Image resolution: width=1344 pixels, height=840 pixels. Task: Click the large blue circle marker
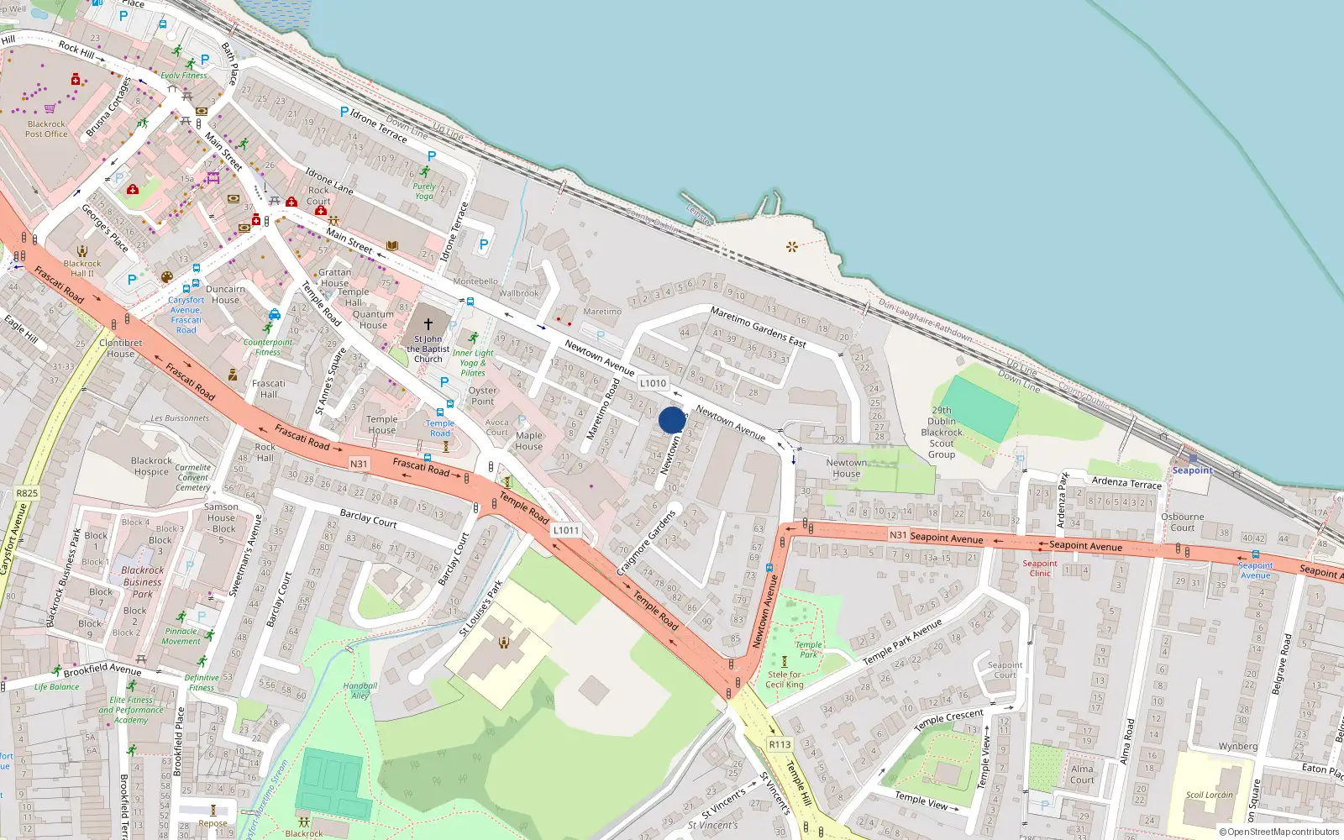[672, 420]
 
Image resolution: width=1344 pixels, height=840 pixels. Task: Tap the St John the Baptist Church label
[428, 349]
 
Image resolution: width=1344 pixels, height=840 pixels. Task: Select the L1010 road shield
[653, 383]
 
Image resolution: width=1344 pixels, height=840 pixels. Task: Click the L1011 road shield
[566, 530]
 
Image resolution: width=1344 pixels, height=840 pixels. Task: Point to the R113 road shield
[780, 744]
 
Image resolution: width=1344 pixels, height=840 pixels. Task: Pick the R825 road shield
[27, 493]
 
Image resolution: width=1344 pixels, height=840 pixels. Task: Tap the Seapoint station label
[1192, 470]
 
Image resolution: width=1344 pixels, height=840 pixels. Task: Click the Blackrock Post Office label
[46, 129]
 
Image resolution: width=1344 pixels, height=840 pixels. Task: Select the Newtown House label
[846, 468]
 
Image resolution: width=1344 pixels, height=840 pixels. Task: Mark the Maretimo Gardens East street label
[758, 327]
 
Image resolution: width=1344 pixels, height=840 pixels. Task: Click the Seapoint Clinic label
[1040, 569]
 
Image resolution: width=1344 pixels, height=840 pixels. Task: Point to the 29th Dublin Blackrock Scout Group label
[942, 433]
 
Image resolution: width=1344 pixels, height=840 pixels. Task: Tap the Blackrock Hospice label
[151, 466]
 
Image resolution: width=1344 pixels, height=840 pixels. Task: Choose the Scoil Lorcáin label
[1210, 795]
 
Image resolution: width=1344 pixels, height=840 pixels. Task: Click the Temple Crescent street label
[948, 719]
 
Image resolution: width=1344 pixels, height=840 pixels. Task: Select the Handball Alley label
[360, 690]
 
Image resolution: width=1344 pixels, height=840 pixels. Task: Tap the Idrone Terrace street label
[378, 125]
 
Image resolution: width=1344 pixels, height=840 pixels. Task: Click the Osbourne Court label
[1182, 522]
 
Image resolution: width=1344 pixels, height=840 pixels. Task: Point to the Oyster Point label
[483, 396]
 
